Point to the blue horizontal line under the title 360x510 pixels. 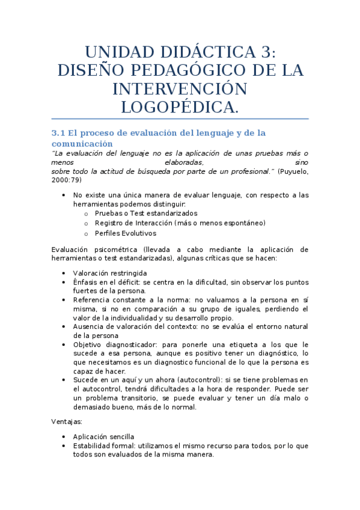[180, 119]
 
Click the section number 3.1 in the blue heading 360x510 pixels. [58, 132]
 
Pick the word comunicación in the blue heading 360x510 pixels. [82, 144]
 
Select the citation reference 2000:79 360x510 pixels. [66, 180]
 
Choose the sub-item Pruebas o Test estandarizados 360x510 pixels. [146, 214]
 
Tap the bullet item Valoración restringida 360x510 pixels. [105, 273]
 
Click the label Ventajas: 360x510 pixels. [67, 422]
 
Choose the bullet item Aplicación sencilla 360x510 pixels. [103, 437]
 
